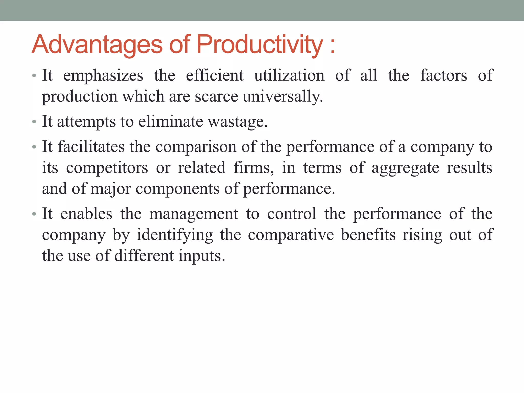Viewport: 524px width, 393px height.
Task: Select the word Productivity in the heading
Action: (259, 45)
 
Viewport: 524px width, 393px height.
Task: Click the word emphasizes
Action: (103, 76)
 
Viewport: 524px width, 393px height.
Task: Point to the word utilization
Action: (289, 76)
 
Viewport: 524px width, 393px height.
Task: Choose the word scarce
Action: (216, 97)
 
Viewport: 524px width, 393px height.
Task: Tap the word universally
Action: (283, 97)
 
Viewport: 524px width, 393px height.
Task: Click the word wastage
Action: (238, 122)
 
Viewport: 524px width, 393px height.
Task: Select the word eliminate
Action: (171, 122)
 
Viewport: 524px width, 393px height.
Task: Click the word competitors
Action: (107, 168)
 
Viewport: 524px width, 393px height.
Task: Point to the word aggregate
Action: (405, 168)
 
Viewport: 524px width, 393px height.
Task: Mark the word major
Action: (111, 189)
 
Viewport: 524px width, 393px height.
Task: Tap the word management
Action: (194, 214)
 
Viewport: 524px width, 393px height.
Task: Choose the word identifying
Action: (175, 235)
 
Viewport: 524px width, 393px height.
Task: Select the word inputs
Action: (202, 256)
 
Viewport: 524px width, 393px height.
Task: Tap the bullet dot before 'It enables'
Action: (34, 214)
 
